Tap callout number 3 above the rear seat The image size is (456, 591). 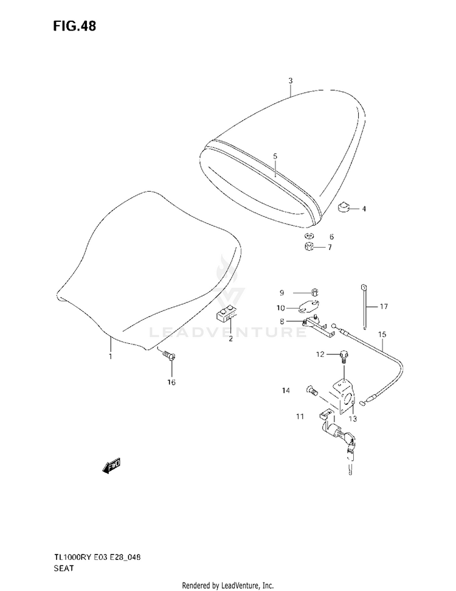(x=291, y=81)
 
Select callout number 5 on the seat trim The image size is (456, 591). (x=275, y=156)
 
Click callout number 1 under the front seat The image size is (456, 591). (x=111, y=357)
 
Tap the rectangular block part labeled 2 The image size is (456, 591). (x=228, y=313)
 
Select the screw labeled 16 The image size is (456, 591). (x=169, y=357)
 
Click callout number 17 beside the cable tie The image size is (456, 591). (x=383, y=306)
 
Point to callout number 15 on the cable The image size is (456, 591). (x=382, y=334)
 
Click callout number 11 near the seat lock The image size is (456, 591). (x=299, y=416)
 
